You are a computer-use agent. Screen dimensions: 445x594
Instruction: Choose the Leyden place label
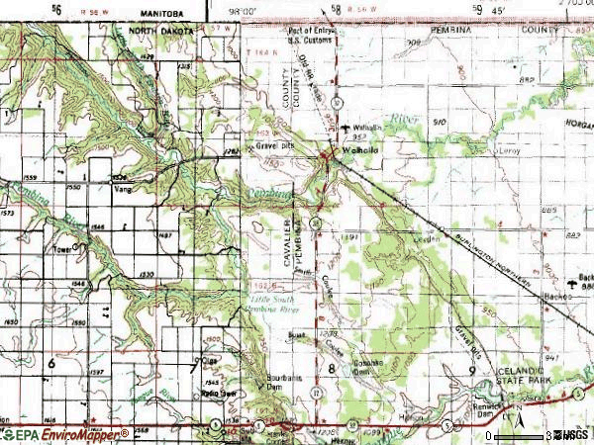click(427, 239)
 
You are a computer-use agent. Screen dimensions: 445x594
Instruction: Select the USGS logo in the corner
click(573, 434)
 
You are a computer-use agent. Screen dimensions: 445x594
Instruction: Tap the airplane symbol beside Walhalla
click(344, 129)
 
